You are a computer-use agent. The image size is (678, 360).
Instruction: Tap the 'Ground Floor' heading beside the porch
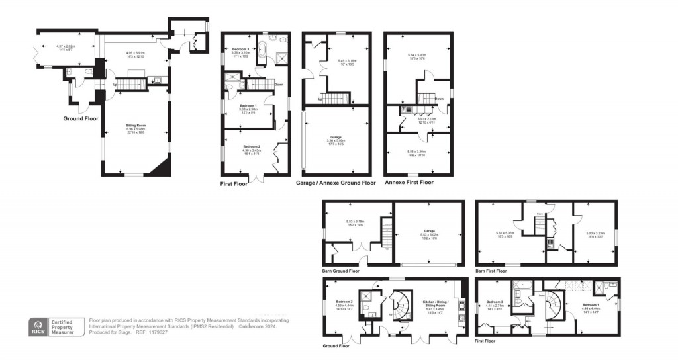(x=81, y=119)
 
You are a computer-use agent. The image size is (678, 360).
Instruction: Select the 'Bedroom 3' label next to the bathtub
(x=240, y=50)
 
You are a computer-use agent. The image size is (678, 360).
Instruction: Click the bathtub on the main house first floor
(x=263, y=50)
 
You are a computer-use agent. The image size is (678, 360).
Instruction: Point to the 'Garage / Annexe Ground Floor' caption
(x=335, y=183)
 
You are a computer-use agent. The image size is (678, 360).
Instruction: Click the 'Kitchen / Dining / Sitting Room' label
(x=434, y=305)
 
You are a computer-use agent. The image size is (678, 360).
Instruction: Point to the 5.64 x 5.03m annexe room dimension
(x=417, y=57)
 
